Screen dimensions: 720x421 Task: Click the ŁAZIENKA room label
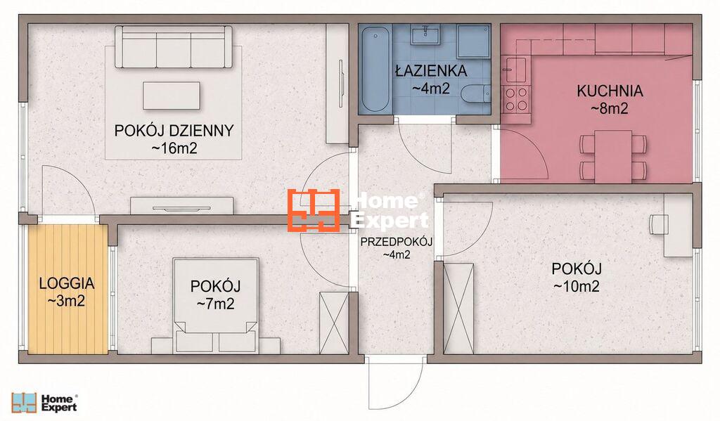point(431,71)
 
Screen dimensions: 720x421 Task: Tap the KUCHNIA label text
point(610,91)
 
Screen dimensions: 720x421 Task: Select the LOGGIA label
point(67,283)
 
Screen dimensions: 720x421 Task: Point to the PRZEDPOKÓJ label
point(397,242)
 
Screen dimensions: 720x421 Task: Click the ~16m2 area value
point(174,148)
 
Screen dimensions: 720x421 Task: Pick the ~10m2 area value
point(577,287)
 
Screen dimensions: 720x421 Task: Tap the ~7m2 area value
point(215,304)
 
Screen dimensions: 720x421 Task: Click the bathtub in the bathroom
point(375,69)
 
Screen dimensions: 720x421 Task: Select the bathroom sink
point(425,34)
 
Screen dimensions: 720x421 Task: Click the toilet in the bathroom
point(476,95)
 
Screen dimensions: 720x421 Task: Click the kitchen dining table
point(613,157)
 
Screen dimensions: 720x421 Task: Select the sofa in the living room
point(174,47)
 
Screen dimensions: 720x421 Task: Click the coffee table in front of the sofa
point(172,96)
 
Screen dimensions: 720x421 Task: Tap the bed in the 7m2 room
point(215,306)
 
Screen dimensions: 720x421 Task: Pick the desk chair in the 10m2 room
point(657,224)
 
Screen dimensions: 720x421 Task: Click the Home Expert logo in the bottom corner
point(44,403)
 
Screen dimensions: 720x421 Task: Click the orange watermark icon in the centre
point(314,210)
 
